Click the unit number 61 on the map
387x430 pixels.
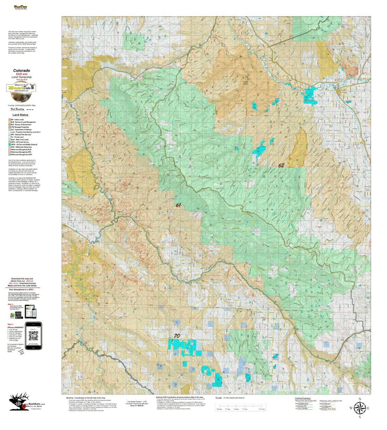click(178, 205)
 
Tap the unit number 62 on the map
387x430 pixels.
click(281, 165)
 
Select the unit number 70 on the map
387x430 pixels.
click(177, 336)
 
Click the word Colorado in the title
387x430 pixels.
click(22, 71)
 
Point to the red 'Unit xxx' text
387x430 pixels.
click(22, 74)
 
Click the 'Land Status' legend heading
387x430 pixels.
click(21, 115)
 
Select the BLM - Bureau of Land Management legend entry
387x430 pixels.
click(23, 122)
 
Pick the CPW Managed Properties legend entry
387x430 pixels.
click(22, 127)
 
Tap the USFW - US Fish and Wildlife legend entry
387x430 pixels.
click(24, 145)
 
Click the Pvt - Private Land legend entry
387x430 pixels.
click(20, 137)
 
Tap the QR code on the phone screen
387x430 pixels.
click(33, 336)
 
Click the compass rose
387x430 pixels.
click(359, 407)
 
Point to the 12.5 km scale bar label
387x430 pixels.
click(262, 409)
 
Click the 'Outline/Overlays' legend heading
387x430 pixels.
click(303, 399)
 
